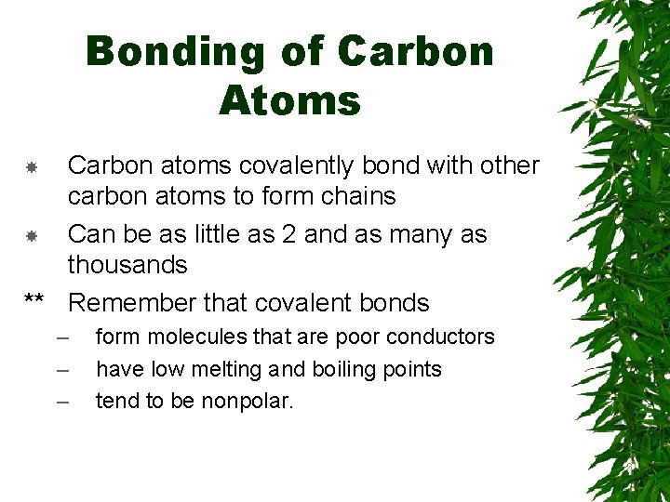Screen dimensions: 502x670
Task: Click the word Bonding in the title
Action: [x=175, y=53]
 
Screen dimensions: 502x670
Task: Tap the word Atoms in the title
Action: [x=289, y=100]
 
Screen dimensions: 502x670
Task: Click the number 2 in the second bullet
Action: [x=288, y=234]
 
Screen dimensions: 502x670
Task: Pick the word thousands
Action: [x=127, y=265]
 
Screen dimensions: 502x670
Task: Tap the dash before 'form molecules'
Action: [x=62, y=337]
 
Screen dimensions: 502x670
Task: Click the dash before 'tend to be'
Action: [x=62, y=402]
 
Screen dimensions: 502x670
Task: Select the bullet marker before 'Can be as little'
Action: [x=31, y=236]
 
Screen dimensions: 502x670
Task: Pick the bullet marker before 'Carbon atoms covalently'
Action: [x=31, y=167]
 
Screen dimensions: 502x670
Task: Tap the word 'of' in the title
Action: [x=302, y=53]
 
